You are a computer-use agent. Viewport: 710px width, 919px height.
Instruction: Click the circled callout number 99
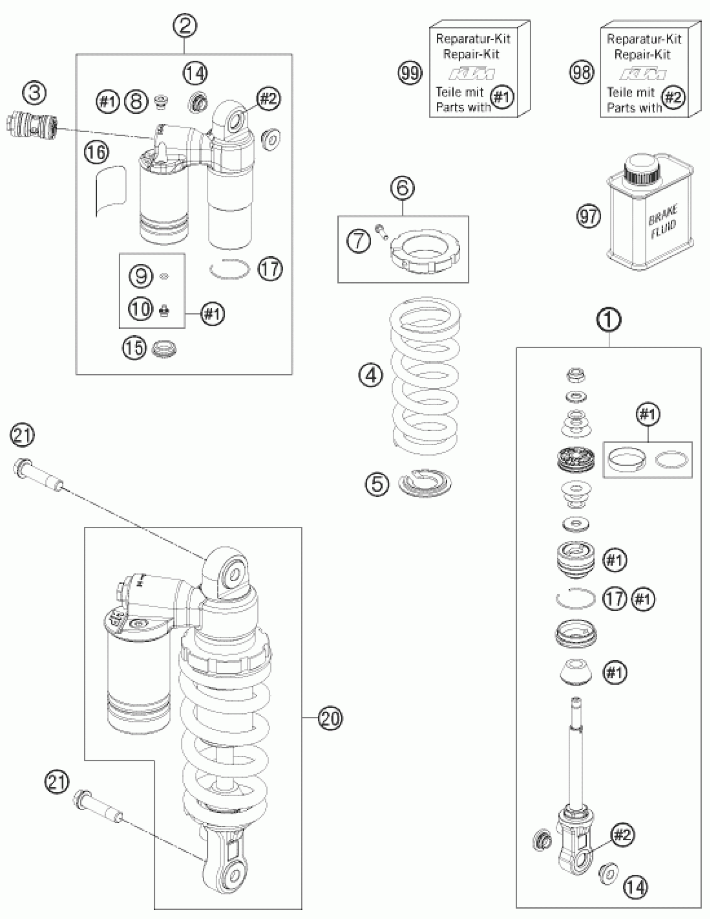(410, 73)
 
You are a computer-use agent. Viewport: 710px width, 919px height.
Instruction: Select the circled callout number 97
(588, 216)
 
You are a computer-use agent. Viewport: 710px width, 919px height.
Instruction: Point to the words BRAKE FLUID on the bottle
(663, 222)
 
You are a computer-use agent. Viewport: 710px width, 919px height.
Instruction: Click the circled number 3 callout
(35, 93)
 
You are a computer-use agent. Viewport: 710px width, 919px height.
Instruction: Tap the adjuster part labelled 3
(32, 125)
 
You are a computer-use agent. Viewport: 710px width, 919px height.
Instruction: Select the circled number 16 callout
(96, 152)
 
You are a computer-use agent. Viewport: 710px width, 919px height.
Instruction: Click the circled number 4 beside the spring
(371, 375)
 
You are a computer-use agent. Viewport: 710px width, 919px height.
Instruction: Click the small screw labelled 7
(382, 231)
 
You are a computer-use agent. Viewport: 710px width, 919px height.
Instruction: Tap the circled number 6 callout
(402, 188)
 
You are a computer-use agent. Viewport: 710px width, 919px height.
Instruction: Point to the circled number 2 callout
(185, 26)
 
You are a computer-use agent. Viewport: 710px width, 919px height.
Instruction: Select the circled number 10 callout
(141, 309)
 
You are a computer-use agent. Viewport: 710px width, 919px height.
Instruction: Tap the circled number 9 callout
(140, 276)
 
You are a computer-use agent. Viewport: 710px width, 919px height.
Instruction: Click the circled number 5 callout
(377, 483)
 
